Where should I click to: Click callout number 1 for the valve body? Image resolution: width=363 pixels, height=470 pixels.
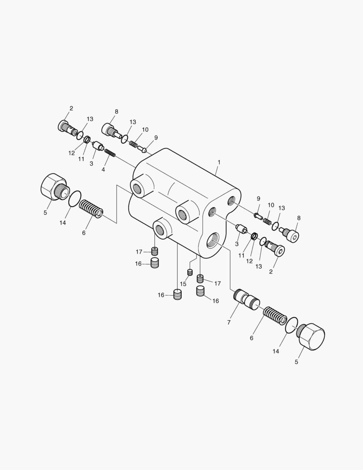click(219, 162)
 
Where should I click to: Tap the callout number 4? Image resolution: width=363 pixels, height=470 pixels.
click(103, 170)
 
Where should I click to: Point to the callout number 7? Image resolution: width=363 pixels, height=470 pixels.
click(229, 322)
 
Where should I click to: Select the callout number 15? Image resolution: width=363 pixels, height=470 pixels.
click(183, 284)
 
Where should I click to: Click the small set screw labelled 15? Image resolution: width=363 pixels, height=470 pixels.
click(190, 272)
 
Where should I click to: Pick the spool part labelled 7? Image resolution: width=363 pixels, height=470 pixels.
click(246, 300)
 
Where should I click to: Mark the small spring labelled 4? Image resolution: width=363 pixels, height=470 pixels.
click(110, 153)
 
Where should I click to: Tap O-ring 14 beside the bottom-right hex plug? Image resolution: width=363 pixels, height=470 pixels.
click(292, 325)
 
